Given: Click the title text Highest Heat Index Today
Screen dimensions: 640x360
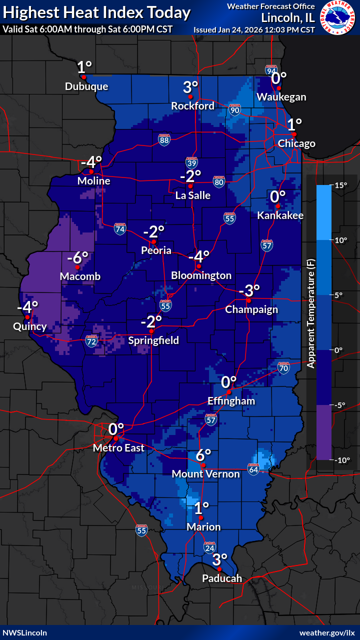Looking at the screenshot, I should tap(97, 12).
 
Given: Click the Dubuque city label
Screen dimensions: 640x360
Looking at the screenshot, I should tap(86, 86).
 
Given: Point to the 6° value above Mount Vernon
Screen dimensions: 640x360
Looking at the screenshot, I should tap(203, 455).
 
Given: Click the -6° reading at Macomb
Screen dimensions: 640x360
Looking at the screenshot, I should tap(77, 258).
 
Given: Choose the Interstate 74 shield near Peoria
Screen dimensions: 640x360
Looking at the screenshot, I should tap(119, 229).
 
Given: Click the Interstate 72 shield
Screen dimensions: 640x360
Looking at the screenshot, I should tap(91, 341).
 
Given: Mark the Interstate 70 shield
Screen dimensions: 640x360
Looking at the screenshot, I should tap(284, 368).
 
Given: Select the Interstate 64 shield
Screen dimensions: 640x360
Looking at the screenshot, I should tap(253, 469).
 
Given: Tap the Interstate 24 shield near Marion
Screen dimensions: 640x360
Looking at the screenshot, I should tap(209, 548).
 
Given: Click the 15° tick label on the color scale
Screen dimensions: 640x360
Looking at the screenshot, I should tap(341, 185).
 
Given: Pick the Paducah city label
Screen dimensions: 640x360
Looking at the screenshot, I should tap(222, 578).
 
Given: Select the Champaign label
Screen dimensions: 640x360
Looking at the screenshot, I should tap(251, 309).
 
